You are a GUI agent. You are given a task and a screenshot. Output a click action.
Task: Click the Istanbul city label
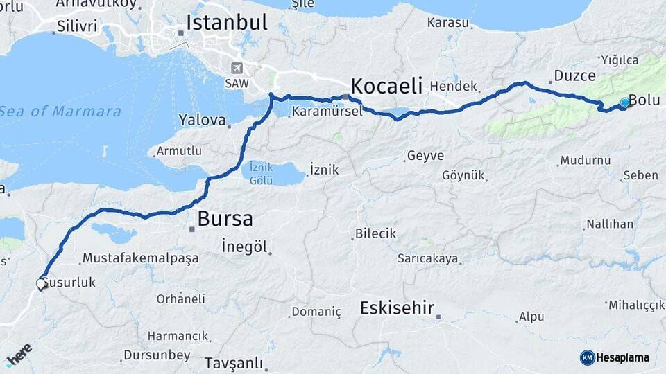pos(226,22)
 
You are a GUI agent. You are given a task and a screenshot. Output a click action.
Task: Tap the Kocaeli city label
pos(386,86)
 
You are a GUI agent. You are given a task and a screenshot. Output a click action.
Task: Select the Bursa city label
pos(225,220)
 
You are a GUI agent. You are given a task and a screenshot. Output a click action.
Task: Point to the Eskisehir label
pos(397,308)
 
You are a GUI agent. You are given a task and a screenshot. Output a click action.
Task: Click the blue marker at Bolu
pos(625,103)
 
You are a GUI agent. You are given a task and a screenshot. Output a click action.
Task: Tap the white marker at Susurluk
pos(41,283)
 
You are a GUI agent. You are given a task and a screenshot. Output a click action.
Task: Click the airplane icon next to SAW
pos(238,68)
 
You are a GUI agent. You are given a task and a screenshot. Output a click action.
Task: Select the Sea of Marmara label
pos(60,111)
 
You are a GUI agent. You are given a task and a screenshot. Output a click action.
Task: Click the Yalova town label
pos(202,120)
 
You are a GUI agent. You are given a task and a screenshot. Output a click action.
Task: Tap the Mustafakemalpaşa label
pos(140,258)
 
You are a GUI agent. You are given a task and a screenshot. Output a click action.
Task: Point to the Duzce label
pos(574,75)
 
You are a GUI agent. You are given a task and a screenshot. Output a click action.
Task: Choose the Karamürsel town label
pos(327,111)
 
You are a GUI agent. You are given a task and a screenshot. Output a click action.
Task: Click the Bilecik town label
pos(375,233)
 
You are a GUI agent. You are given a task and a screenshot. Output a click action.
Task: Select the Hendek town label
pos(454,87)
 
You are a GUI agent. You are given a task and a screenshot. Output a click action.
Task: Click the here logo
pos(19,353)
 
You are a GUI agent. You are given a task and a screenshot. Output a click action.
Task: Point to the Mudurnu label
pos(586,161)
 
